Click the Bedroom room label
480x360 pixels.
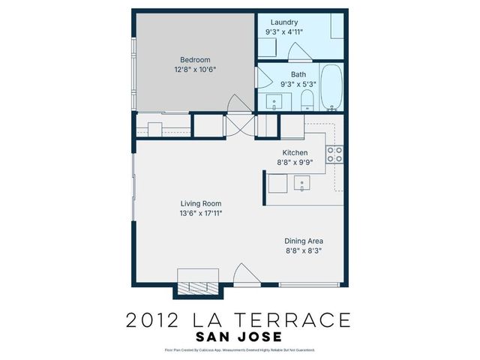point(195,60)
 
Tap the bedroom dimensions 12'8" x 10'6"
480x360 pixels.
point(195,70)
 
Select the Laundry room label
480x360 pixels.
point(284,22)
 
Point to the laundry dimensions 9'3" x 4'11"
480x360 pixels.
point(287,33)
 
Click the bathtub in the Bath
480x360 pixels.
point(330,90)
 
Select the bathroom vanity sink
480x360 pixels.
point(274,103)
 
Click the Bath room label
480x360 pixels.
point(298,74)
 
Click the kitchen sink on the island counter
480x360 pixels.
point(302,182)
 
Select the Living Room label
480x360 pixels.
point(201,203)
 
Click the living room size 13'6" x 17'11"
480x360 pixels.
point(201,213)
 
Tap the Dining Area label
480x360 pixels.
point(304,241)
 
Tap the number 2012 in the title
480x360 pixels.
point(153,320)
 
